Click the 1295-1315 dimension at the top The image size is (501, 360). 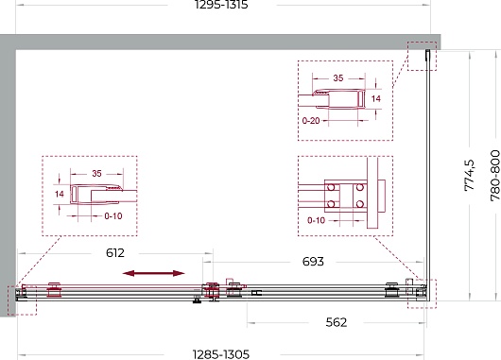(221, 5)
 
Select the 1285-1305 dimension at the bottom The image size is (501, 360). (221, 354)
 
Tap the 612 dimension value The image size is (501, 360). (115, 253)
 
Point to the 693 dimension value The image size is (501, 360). (313, 262)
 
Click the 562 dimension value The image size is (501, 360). (337, 322)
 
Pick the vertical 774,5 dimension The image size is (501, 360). (470, 175)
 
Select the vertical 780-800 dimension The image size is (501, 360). (495, 176)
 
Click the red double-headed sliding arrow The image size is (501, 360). (154, 273)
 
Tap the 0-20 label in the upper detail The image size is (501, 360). (311, 121)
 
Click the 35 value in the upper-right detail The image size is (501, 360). (338, 77)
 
